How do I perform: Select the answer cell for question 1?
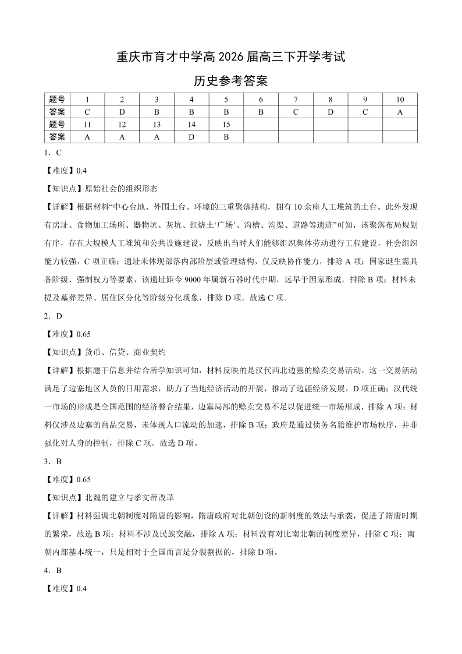[x=87, y=112]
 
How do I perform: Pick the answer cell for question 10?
[x=400, y=112]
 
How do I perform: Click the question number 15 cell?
[x=226, y=125]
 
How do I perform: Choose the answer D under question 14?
[x=191, y=137]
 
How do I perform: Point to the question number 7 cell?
[x=296, y=100]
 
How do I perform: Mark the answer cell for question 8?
[x=330, y=112]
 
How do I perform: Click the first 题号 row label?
[x=57, y=100]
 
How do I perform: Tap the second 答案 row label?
[x=57, y=137]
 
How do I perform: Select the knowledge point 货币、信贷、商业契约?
[x=125, y=352]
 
